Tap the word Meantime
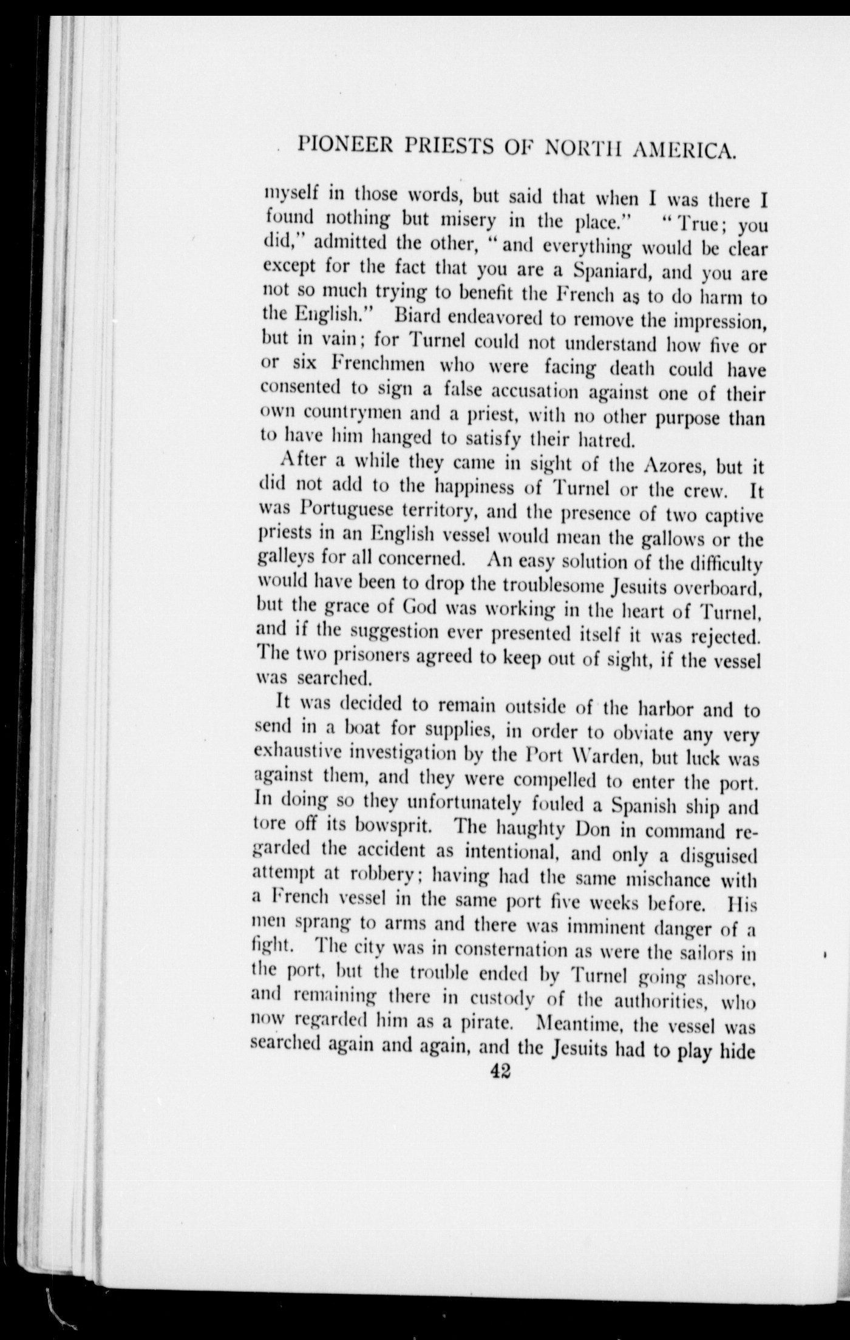click(x=580, y=1023)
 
